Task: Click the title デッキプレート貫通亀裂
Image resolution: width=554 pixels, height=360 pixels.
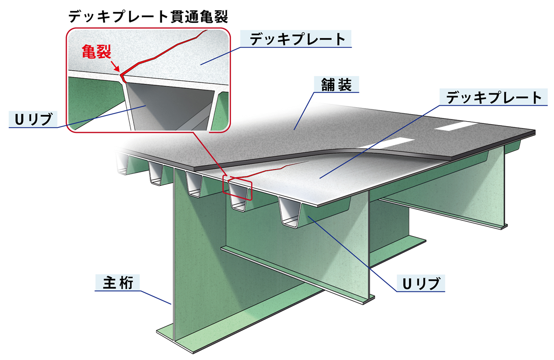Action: [148, 17]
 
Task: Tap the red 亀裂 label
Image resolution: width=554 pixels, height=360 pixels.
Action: [96, 52]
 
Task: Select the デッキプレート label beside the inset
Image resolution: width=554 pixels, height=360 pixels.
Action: [297, 39]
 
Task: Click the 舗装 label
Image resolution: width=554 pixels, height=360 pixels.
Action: [337, 84]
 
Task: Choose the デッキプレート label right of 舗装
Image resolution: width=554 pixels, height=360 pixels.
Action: [493, 97]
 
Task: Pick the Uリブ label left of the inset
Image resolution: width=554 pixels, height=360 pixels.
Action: [34, 119]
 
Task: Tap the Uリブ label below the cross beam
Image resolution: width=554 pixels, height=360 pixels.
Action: [421, 284]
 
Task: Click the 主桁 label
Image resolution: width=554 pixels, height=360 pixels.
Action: [118, 283]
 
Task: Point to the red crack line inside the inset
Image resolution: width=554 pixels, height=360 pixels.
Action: [158, 56]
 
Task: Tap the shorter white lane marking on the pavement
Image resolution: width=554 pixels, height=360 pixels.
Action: [455, 126]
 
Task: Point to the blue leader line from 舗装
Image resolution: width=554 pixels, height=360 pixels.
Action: [304, 111]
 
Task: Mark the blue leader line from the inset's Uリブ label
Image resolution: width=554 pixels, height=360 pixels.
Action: [101, 117]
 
